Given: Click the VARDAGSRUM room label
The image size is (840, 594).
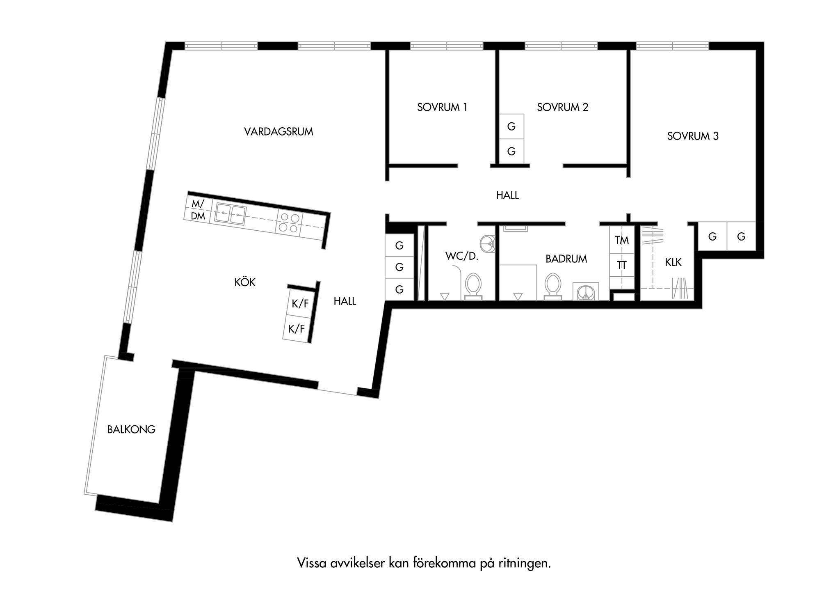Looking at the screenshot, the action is (278, 132).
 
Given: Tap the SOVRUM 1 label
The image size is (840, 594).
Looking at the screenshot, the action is (442, 108).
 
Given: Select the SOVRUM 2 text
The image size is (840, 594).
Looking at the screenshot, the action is (563, 108).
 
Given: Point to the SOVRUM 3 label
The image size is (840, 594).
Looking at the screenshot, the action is (693, 136).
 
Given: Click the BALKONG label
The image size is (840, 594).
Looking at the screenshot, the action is (131, 429).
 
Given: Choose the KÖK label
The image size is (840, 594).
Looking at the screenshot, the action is (245, 282).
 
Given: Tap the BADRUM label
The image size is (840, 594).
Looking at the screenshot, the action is (566, 259).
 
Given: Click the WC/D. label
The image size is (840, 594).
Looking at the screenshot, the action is (462, 257).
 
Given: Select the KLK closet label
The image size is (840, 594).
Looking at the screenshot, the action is (673, 262).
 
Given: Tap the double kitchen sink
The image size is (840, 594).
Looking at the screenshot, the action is (231, 214).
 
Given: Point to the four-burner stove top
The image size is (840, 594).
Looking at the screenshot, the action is (289, 222).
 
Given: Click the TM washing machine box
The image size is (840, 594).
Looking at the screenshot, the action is (622, 240).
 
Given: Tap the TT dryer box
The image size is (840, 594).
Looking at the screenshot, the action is (622, 266).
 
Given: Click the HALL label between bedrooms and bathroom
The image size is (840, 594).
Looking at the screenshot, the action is (507, 195).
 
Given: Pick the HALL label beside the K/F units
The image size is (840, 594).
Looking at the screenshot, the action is (345, 301).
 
